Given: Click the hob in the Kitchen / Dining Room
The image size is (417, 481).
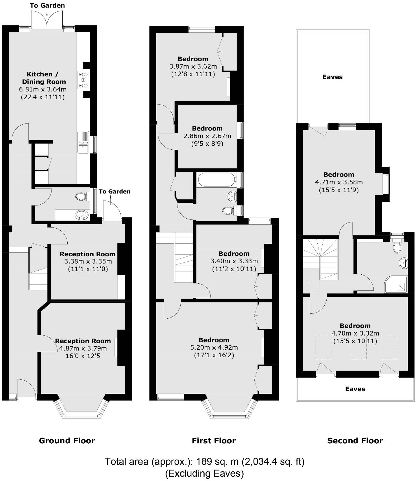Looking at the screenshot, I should click(84, 80).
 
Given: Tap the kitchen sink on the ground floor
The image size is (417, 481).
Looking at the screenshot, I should click(83, 142).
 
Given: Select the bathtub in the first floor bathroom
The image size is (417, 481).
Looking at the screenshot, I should click(217, 180).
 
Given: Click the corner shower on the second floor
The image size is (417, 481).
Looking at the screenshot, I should click(396, 284).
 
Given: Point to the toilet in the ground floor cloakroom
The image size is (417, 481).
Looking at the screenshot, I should click(82, 196).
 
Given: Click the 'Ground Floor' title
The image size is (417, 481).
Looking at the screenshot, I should click(67, 441).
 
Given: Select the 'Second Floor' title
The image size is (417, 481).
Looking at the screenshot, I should click(355, 441).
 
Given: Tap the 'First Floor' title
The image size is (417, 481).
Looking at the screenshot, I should click(214, 441).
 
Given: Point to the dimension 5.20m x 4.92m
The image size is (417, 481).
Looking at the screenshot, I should click(214, 348).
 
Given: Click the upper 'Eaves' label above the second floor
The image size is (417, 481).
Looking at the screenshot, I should click(332, 77).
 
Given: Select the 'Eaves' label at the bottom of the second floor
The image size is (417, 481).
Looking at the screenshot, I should click(355, 389).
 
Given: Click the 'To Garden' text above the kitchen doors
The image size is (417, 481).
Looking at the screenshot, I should click(47, 6).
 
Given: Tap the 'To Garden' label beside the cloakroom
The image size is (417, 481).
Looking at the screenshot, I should click(115, 192).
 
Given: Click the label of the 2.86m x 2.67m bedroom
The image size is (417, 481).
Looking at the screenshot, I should click(207, 129).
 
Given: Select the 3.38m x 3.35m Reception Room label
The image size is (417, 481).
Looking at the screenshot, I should click(87, 254).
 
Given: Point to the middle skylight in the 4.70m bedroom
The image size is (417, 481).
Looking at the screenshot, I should click(358, 347).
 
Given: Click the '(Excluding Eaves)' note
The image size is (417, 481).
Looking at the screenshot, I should click(205, 473).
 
